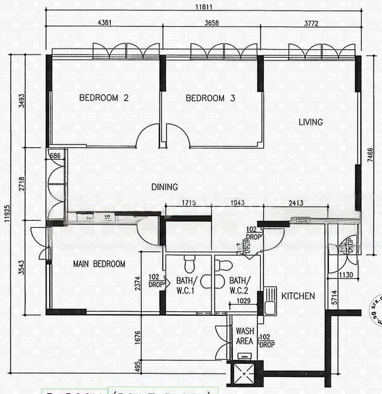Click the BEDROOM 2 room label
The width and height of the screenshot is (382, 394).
coord(103,98)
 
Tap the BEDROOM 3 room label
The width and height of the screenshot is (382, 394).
coord(210,98)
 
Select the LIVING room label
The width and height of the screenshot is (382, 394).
coord(310,122)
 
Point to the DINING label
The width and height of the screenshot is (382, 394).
coord(165,186)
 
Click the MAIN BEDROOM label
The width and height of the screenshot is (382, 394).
coord(99,264)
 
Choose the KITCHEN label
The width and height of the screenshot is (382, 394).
coord(298,296)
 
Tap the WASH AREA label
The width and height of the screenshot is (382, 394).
coord(244,336)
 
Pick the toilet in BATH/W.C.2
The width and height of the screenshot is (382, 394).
coord(224,265)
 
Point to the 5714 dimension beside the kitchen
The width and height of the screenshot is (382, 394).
coord(335,297)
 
